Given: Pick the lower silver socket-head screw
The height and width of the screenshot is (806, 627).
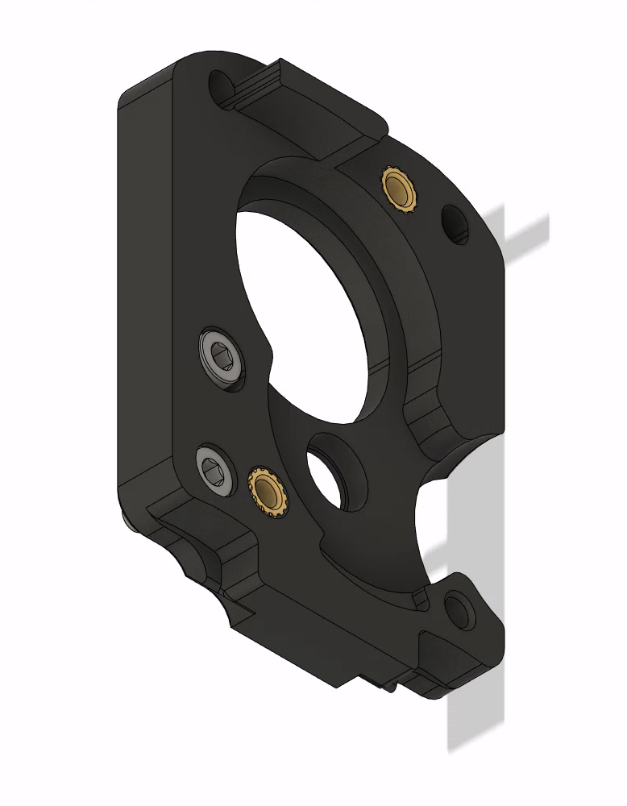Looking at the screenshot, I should pos(215,467).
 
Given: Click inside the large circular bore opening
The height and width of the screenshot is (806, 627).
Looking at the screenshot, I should pos(306,290).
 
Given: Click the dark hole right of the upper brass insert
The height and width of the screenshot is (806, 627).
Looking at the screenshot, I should pos(455,223).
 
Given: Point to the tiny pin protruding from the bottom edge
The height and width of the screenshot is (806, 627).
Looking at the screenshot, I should pos(391,688).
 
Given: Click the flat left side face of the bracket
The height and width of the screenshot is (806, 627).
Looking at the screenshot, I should pos(145,306).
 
